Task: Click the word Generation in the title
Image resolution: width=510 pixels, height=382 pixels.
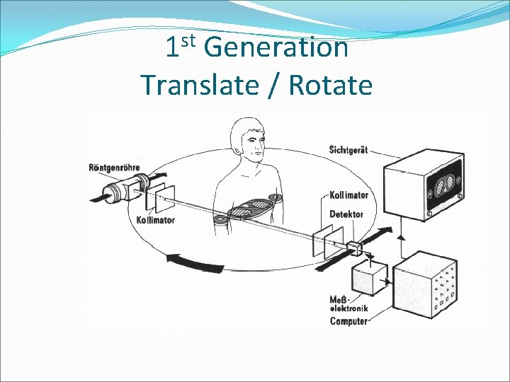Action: pyautogui.click(x=276, y=49)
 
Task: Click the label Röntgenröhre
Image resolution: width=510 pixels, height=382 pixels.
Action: pyautogui.click(x=114, y=168)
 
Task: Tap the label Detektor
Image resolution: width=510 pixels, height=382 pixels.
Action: pyautogui.click(x=346, y=214)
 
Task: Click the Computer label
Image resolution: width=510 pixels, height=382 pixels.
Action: pyautogui.click(x=348, y=321)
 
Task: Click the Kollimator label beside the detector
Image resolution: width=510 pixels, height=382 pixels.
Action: pyautogui.click(x=349, y=195)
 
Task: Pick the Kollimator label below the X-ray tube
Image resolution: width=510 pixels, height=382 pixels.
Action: pyautogui.click(x=155, y=220)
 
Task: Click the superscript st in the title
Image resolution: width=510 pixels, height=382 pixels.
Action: pyautogui.click(x=188, y=40)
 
